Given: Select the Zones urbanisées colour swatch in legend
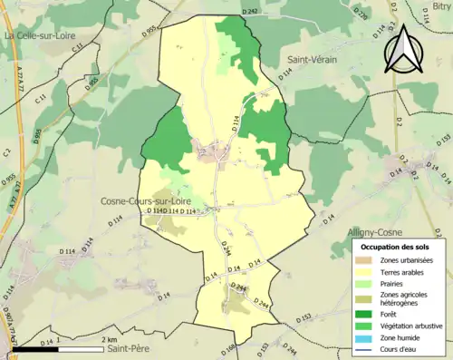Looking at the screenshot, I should (x=366, y=261).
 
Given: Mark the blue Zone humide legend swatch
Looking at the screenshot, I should (x=366, y=336).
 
